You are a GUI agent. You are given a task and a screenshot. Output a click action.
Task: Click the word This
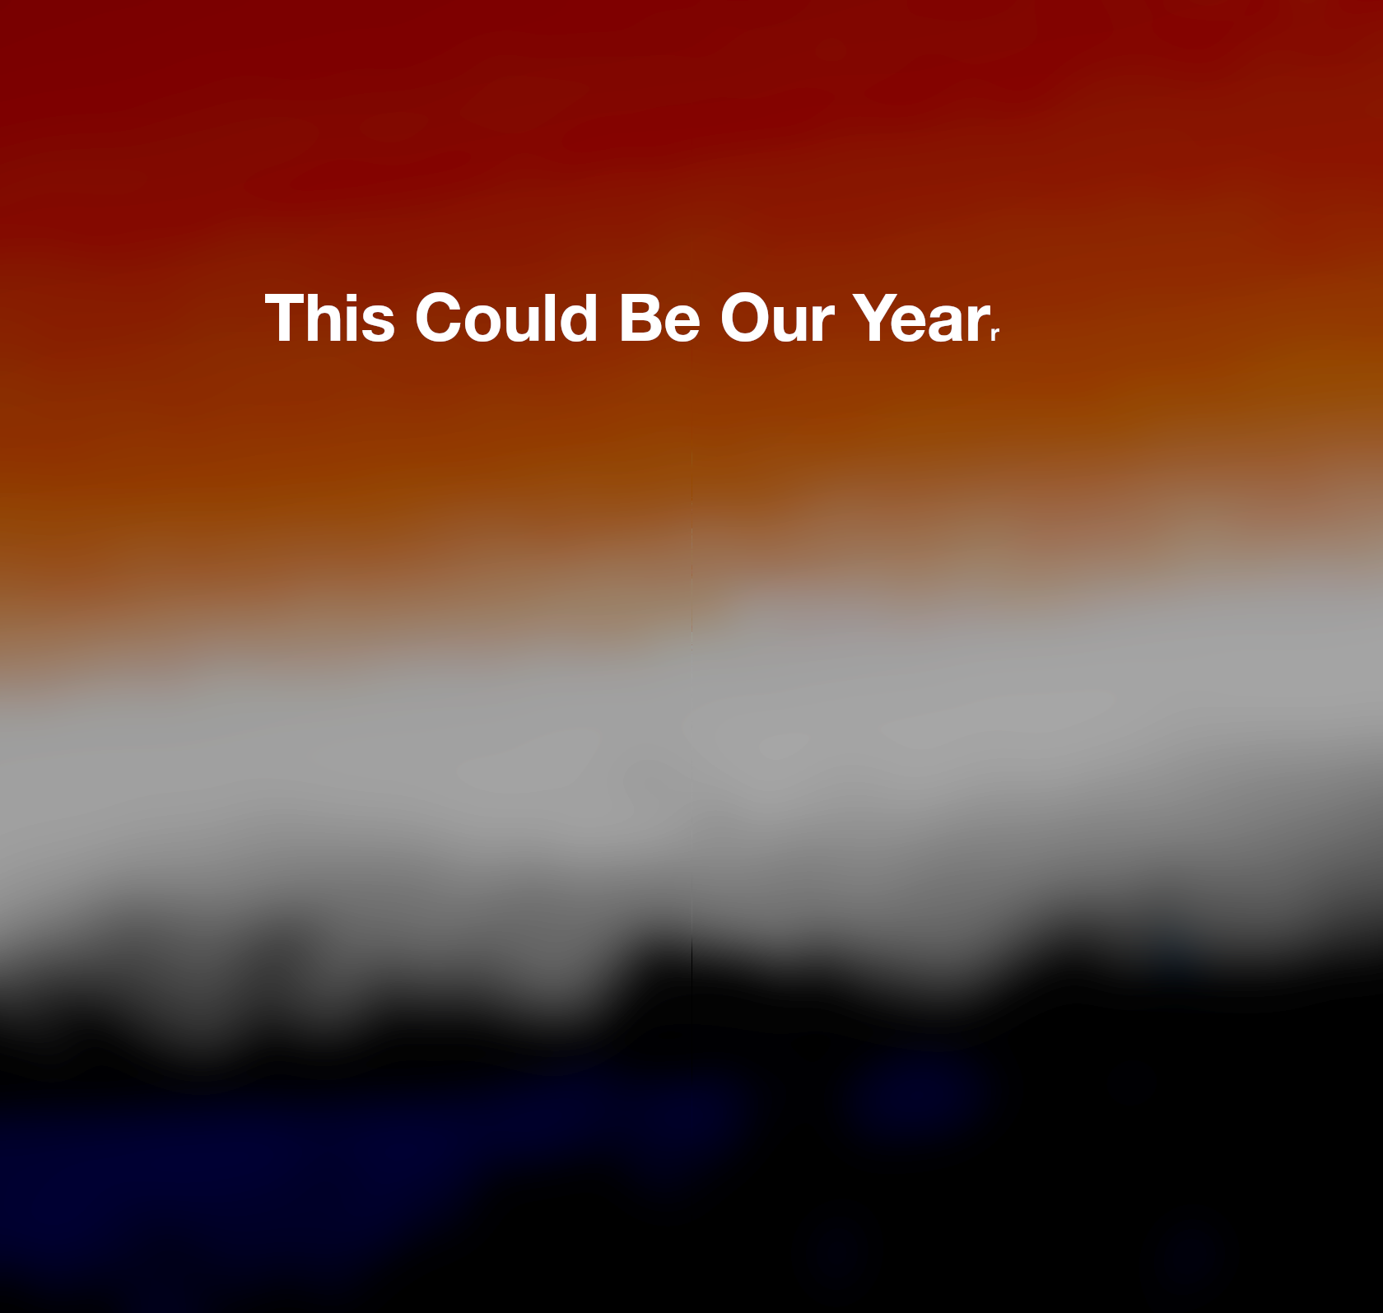(x=329, y=317)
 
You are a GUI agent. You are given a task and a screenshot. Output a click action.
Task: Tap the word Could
(x=506, y=317)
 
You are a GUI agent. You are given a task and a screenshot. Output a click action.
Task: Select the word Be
(x=659, y=318)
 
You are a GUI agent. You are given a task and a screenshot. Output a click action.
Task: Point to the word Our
(x=778, y=318)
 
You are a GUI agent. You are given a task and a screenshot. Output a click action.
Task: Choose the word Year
(x=921, y=318)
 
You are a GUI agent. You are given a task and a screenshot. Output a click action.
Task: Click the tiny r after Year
(x=995, y=333)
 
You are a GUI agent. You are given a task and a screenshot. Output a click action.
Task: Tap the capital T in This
(x=284, y=317)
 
